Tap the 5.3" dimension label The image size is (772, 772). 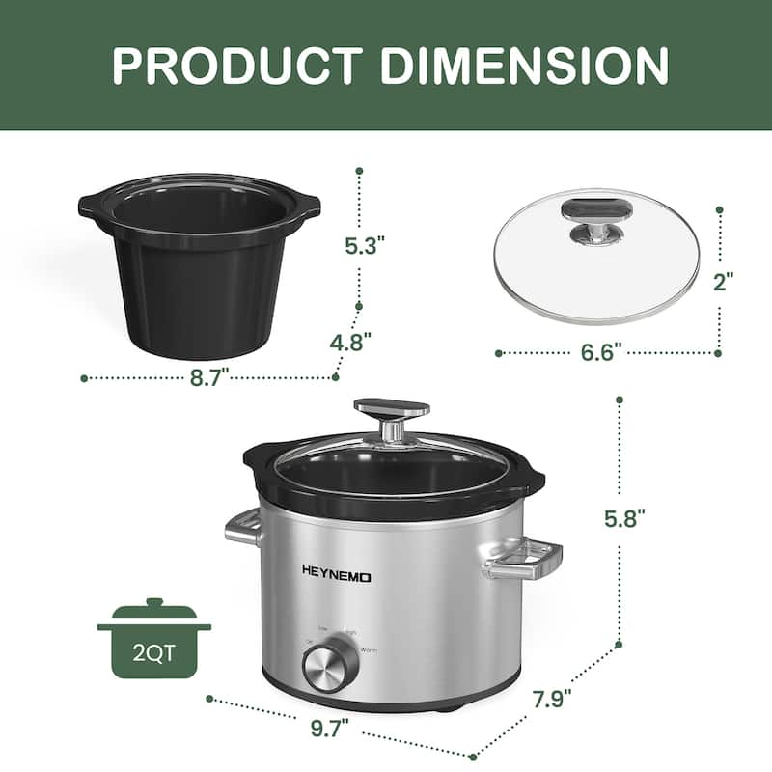click(366, 246)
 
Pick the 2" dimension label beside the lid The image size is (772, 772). click(723, 281)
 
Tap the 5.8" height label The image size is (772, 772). click(624, 519)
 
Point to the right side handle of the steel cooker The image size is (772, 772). click(526, 559)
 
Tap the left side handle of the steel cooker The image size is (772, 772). click(243, 529)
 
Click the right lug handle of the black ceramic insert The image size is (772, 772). click(309, 205)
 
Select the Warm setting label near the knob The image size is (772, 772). click(368, 651)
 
